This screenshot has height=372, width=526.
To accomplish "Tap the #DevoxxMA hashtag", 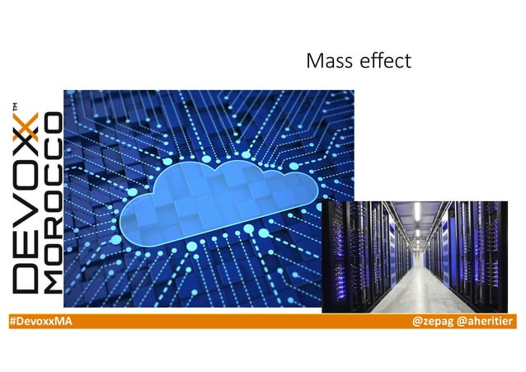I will coord(40,320).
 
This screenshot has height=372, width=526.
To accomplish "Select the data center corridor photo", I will coord(414,256).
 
